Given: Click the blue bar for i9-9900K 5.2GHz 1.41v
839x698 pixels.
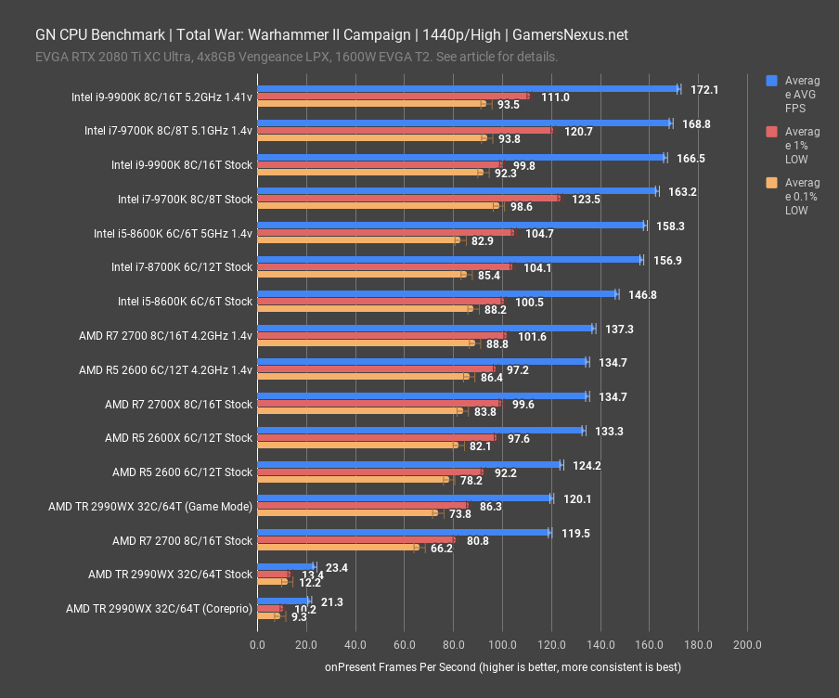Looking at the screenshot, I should (468, 89).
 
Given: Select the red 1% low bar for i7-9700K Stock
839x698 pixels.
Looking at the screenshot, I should (408, 198).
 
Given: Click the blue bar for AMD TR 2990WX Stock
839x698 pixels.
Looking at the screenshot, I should (286, 565).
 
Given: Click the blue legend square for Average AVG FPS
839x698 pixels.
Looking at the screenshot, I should (771, 81).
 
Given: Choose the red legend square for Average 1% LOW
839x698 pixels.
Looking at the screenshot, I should (771, 132).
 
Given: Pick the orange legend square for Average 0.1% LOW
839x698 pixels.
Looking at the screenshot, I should (771, 183).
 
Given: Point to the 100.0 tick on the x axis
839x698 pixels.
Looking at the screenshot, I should (502, 644).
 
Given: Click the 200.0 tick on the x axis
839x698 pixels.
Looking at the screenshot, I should (747, 644).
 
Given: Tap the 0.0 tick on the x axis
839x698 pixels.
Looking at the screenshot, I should (257, 644).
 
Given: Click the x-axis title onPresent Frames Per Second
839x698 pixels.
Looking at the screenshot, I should (502, 666).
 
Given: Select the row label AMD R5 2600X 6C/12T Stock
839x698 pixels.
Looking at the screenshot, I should (178, 437).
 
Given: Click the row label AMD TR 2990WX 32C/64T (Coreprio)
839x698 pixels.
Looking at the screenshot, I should (159, 609).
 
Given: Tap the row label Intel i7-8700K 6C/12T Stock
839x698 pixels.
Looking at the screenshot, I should (182, 266).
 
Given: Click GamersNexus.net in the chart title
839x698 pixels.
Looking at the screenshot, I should (569, 35).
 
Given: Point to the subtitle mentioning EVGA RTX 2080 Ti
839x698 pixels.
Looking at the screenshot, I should (297, 57).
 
